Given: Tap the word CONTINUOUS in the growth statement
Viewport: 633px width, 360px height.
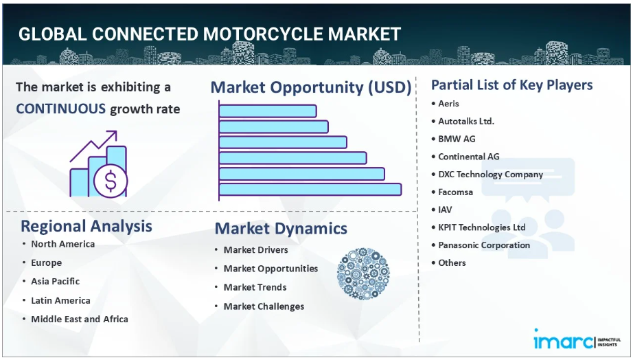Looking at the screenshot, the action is click(60, 109).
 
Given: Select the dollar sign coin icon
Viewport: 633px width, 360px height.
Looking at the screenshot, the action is click(111, 181).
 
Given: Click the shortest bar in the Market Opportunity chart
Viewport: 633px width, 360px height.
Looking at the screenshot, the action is click(268, 111).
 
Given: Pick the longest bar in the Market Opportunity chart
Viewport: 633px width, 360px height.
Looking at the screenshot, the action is click(310, 190).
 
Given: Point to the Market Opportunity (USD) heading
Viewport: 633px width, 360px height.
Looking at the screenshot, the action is click(311, 88).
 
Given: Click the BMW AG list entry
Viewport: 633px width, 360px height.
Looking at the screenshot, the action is click(457, 139).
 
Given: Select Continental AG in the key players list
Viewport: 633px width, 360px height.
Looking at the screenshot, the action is click(469, 157).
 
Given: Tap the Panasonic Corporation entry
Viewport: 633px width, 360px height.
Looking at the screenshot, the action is click(484, 245).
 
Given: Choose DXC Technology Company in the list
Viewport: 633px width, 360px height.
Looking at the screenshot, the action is click(490, 175).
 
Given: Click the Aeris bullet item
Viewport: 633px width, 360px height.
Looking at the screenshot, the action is click(448, 104).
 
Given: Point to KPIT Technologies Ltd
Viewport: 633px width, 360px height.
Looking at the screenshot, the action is click(481, 227).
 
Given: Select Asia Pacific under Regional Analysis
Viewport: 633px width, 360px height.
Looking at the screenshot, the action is click(56, 281).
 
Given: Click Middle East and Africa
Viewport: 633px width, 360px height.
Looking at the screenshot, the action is click(80, 319).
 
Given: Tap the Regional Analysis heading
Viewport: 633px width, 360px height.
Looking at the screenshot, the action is click(87, 226).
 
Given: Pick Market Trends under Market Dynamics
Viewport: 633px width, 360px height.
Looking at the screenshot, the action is click(255, 287).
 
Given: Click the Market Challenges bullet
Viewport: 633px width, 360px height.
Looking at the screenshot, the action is click(264, 306).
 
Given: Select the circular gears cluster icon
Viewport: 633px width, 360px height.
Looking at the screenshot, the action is click(363, 273).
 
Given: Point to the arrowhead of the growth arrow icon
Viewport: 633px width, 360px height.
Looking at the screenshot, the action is click(113, 134).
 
